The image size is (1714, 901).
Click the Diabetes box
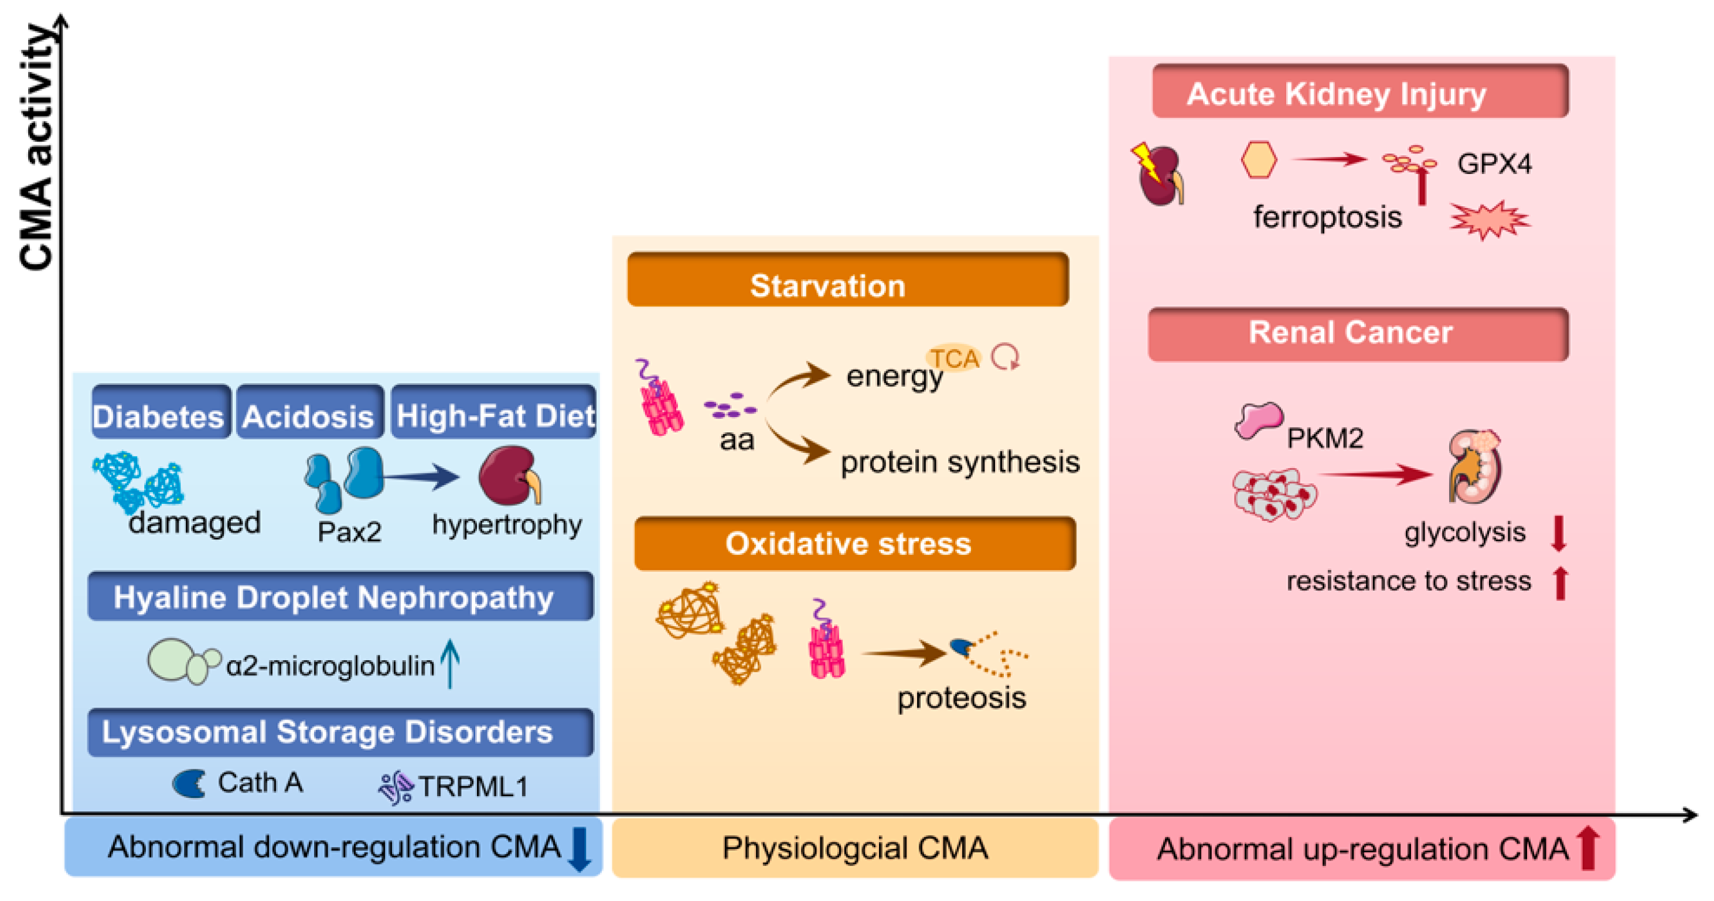pos(161,412)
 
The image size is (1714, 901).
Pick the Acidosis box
pos(310,412)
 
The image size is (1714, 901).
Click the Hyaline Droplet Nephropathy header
pos(340,596)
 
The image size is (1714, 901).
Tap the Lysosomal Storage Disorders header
pos(340,732)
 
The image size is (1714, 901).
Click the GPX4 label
pos(1494,163)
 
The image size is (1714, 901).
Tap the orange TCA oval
pos(953,359)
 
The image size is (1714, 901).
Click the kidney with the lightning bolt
pos(1160,175)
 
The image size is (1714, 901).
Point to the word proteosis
pos(961,699)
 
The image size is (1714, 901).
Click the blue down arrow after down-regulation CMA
pos(579,849)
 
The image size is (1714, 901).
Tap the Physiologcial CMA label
pos(854,848)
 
